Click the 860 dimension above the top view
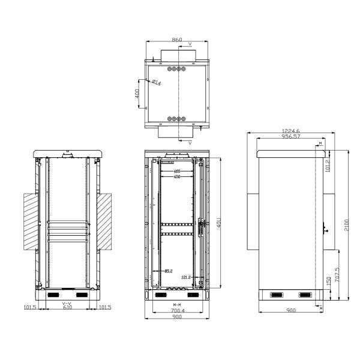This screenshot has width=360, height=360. pyautogui.click(x=177, y=40)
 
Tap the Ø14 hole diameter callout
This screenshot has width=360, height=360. pyautogui.click(x=155, y=82)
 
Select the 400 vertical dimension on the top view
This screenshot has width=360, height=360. pyautogui.click(x=137, y=94)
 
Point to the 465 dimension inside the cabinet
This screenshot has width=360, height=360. pyautogui.click(x=177, y=172)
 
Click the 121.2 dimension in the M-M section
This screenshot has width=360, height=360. pyautogui.click(x=186, y=277)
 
